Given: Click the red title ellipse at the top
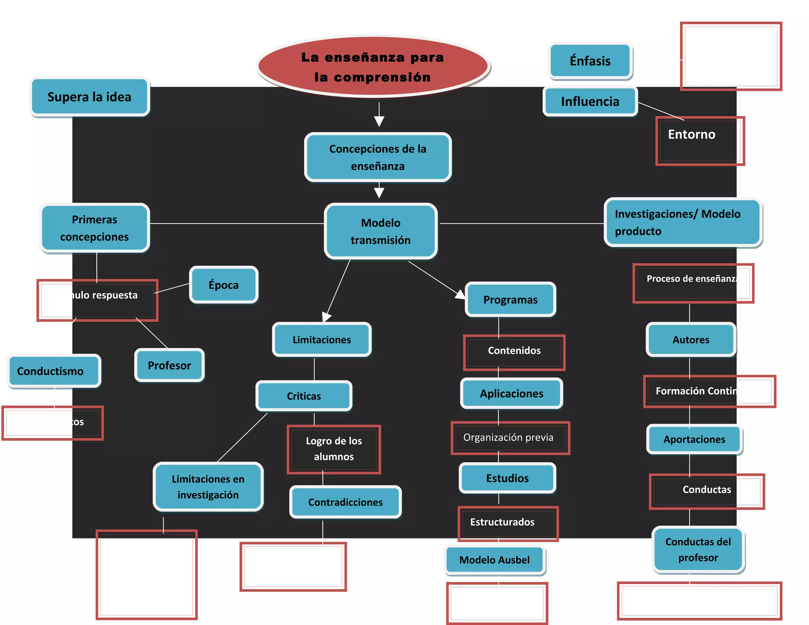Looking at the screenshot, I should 373,66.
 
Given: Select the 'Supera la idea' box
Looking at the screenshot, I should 90,97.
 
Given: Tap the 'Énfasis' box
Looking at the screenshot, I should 590,61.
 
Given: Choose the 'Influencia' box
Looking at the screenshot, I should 590,102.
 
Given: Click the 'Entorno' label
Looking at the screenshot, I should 692,135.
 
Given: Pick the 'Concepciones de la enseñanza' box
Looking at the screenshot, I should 378,157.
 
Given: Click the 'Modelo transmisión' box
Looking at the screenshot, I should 380,231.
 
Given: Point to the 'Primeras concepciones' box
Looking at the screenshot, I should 95,228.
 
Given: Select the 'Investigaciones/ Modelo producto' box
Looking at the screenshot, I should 682,222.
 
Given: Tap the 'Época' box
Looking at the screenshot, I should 224,285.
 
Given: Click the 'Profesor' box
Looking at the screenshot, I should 169,365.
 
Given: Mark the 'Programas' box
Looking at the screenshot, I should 510,299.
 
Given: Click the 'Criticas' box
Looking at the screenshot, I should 304,396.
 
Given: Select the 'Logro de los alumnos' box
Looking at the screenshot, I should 334,449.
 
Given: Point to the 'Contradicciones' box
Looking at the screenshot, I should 345,502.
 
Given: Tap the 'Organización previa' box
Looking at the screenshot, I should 510,438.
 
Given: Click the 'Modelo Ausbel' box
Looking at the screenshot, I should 495,560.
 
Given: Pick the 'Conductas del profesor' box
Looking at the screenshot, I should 698,550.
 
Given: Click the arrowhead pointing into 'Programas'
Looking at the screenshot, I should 461,295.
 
